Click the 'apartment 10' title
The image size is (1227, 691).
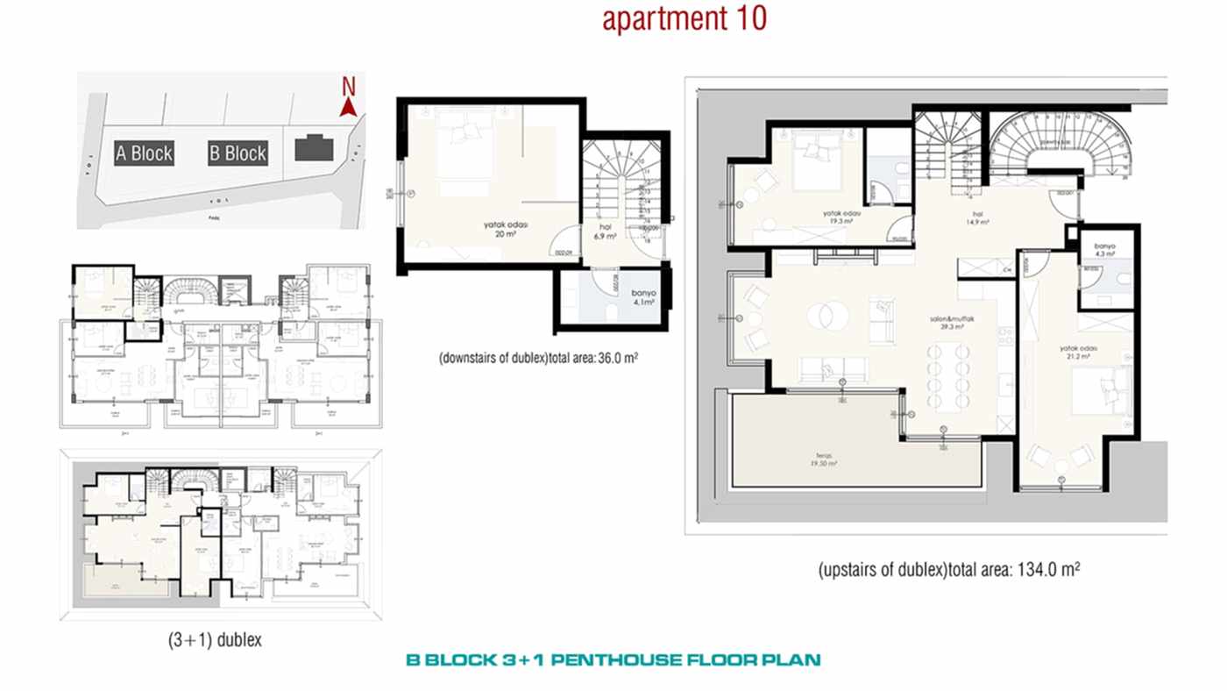click(684, 18)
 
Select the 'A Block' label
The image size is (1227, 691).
click(145, 153)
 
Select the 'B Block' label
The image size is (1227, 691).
click(238, 153)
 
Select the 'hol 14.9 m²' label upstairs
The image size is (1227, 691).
click(979, 218)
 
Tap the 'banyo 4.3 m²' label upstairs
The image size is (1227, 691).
click(1104, 251)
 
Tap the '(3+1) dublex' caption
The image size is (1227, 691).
click(215, 640)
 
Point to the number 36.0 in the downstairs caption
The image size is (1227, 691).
click(609, 359)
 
